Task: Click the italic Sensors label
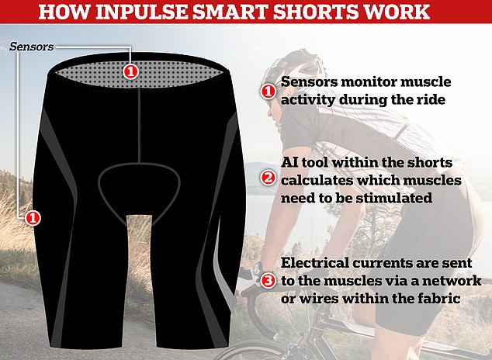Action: [32, 47]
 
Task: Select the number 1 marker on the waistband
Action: [130, 72]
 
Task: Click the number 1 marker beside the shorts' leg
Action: [33, 218]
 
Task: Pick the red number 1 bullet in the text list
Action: [268, 92]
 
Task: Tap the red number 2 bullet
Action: [268, 178]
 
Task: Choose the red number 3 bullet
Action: [268, 280]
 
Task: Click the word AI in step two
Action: [289, 162]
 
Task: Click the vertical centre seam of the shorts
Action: [138, 125]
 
